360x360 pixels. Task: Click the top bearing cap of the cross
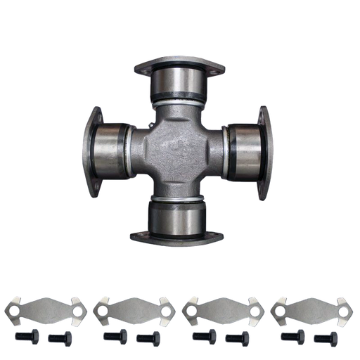pyautogui.click(x=179, y=83)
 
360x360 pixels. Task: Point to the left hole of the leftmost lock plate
pyautogui.click(x=13, y=308)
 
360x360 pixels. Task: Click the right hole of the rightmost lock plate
pyautogui.click(x=342, y=308)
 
